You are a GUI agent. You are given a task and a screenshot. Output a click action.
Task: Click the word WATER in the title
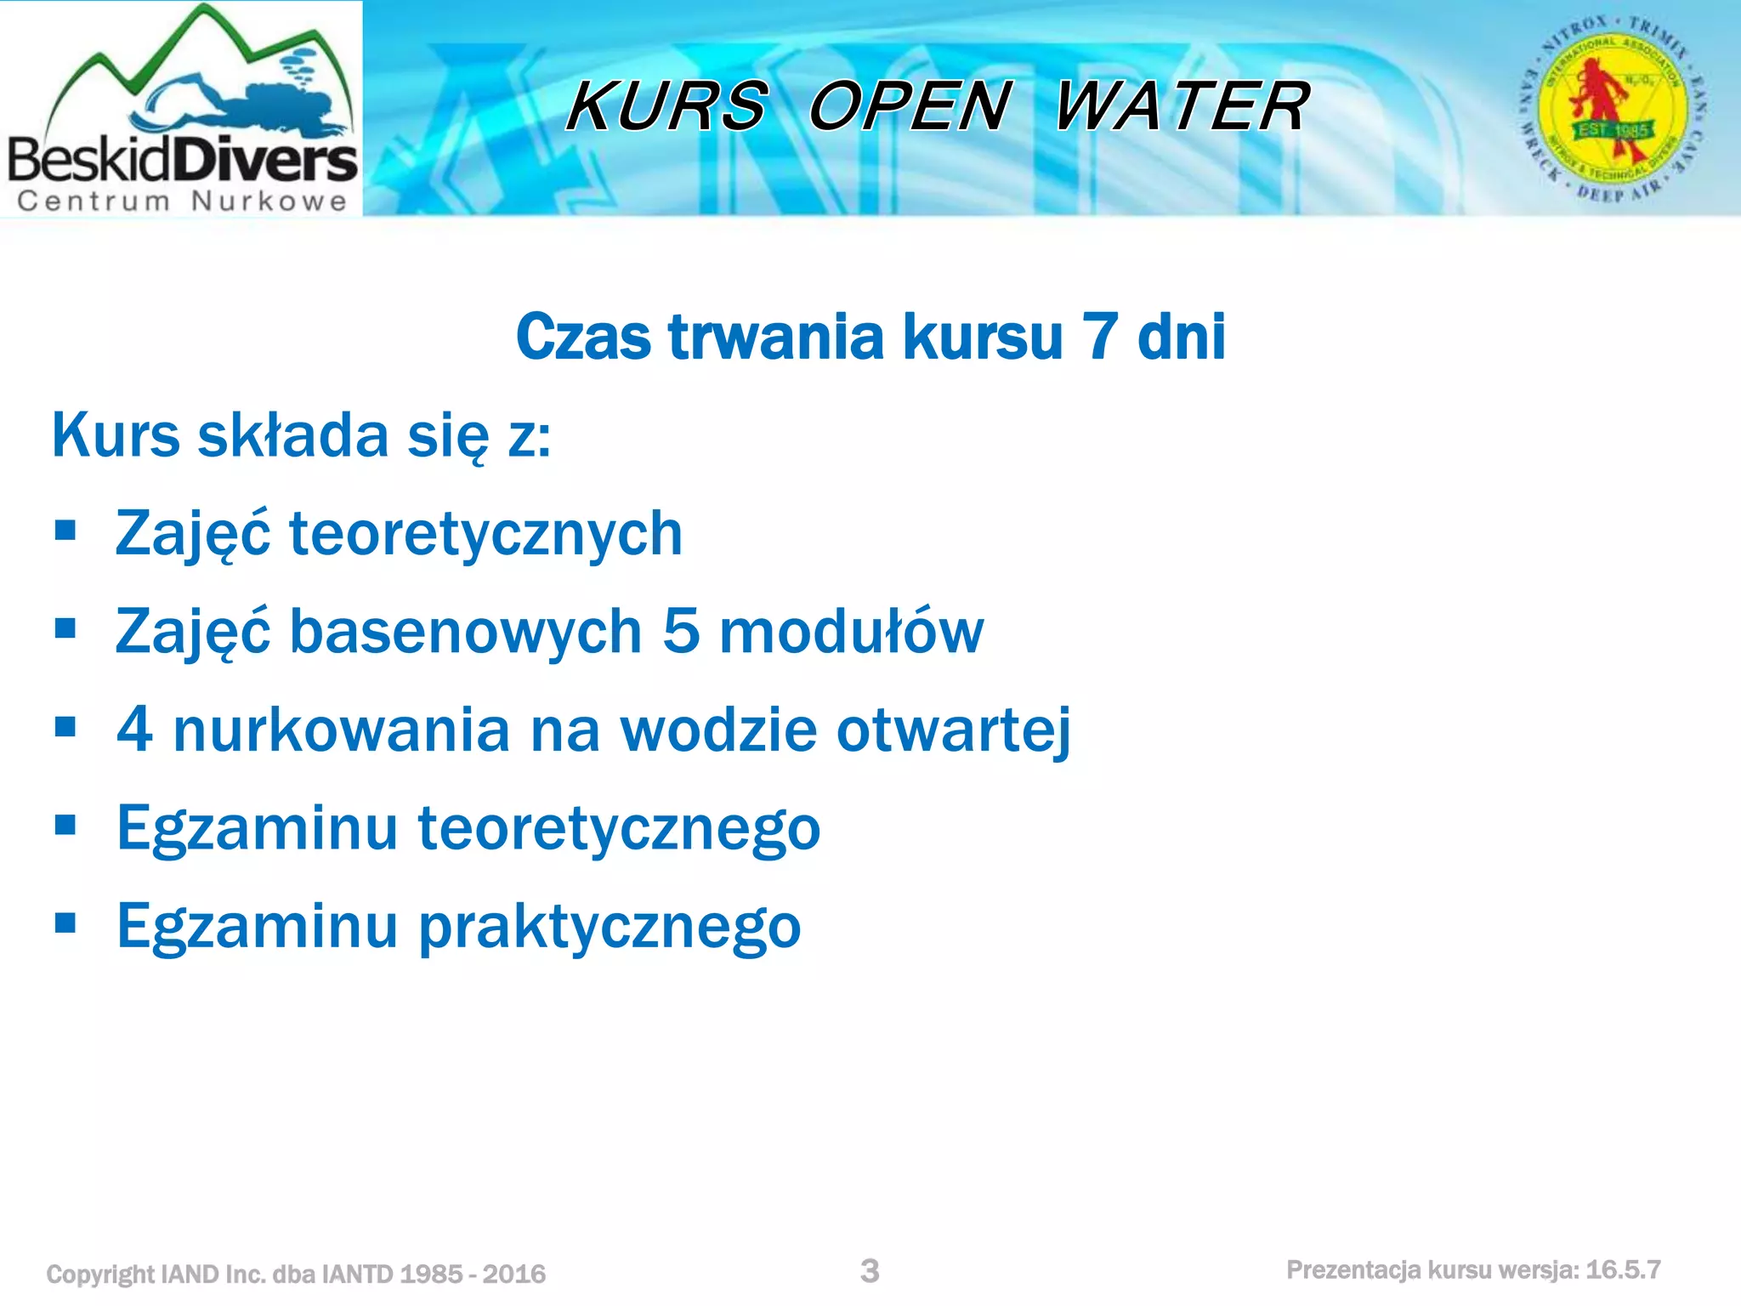click(x=1182, y=106)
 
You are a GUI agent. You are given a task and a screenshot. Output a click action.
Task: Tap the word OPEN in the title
click(x=910, y=106)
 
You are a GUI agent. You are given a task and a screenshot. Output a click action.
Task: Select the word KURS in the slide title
click(x=667, y=106)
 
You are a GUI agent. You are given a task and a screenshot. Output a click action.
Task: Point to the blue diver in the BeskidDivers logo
click(x=247, y=102)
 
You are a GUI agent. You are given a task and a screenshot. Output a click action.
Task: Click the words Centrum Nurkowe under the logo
click(x=182, y=202)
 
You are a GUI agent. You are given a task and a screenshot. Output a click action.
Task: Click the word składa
click(x=293, y=435)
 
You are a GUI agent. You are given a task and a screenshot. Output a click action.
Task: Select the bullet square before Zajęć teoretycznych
click(x=65, y=531)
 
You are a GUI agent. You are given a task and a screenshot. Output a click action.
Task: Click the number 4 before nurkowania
click(x=134, y=730)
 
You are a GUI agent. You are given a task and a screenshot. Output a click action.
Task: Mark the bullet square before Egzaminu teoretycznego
click(x=65, y=825)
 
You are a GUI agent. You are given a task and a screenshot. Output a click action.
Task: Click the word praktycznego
click(x=610, y=927)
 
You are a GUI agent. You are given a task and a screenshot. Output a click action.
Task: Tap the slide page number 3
click(x=870, y=1271)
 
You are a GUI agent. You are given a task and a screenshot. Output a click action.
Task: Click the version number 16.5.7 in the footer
click(x=1623, y=1270)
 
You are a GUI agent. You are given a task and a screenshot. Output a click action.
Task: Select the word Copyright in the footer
click(x=100, y=1274)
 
